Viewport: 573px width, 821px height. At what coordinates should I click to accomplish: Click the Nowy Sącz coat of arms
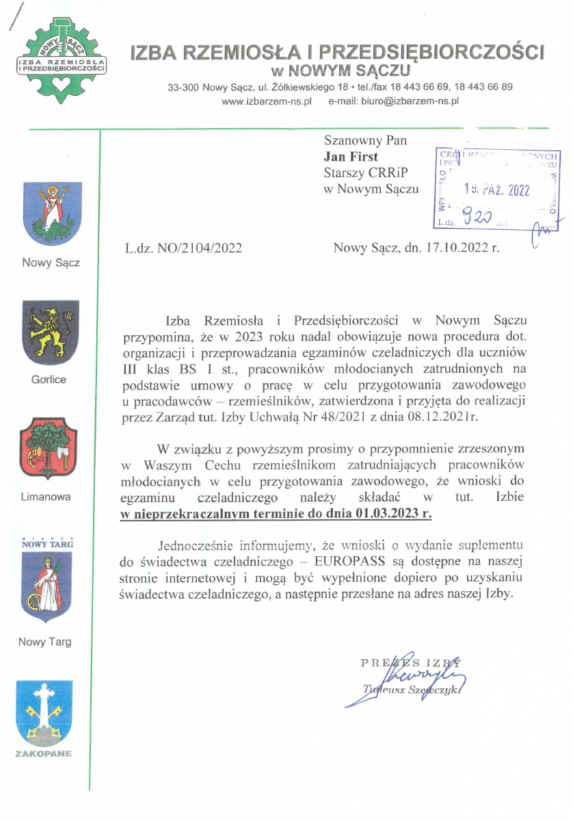click(53, 213)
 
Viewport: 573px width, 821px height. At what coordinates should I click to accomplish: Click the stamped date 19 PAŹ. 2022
click(496, 191)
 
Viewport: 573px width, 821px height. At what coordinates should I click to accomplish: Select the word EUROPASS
click(356, 562)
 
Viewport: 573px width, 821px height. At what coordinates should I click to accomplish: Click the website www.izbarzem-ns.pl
click(267, 101)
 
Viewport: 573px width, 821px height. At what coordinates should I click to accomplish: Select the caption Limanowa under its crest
click(46, 496)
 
